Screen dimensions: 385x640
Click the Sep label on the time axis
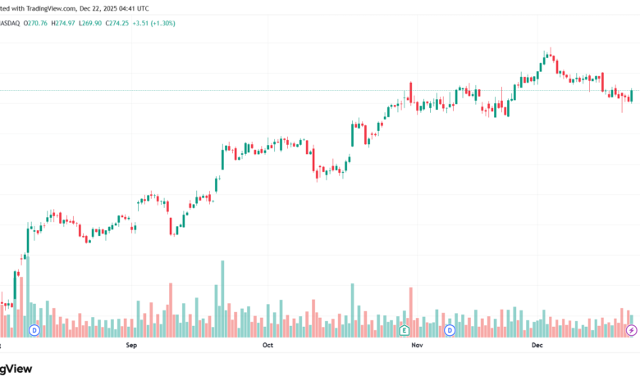[x=131, y=346]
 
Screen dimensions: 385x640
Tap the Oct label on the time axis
[x=267, y=346]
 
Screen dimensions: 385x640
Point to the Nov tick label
[x=416, y=346]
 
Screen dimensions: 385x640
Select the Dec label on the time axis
[x=537, y=346]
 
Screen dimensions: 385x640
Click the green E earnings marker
[x=404, y=330]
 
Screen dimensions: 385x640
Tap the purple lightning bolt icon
[x=631, y=330]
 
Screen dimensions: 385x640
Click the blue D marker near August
[x=34, y=330]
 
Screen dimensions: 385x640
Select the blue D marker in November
[x=450, y=330]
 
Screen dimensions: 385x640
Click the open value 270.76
[x=35, y=23]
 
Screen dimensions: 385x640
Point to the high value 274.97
[x=66, y=23]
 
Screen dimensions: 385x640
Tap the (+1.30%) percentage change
[x=176, y=23]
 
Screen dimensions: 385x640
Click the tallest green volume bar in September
[x=222, y=299]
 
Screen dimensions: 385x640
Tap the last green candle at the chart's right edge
[x=631, y=96]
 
